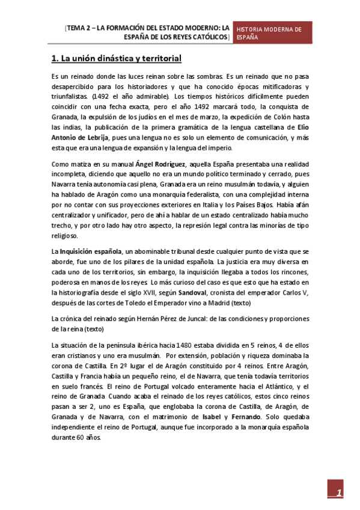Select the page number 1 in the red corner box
pos(338,494)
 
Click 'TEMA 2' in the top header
pos(79,28)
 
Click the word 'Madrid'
pos(210,303)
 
